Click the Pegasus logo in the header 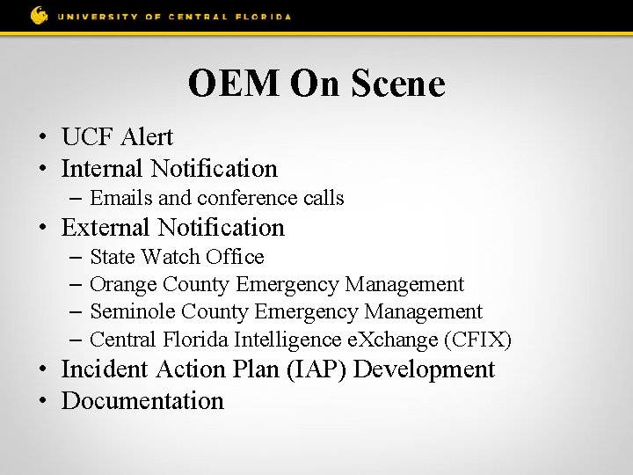[39, 15]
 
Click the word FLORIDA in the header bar [262, 17]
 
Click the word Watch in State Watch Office [171, 257]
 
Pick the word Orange [125, 284]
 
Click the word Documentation [142, 401]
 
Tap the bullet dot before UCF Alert [41, 138]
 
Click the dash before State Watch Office [75, 257]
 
